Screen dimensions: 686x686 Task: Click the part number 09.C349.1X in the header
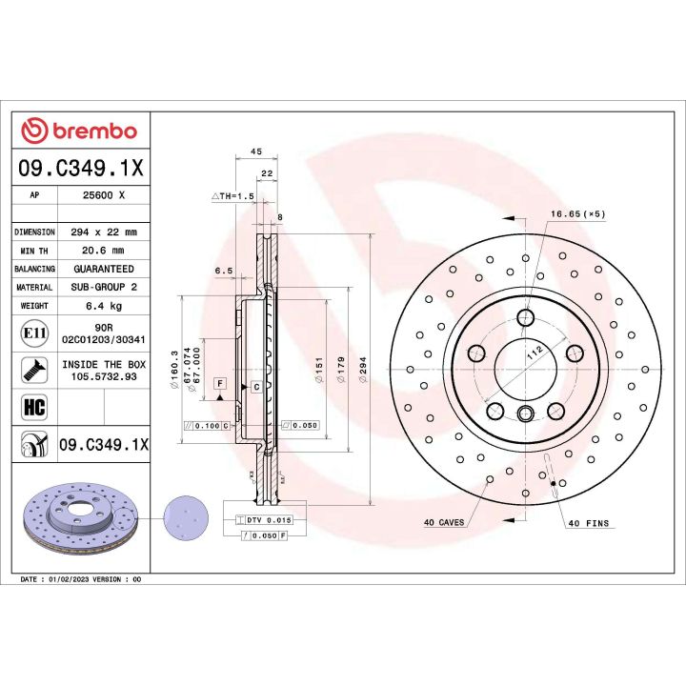[x=80, y=169]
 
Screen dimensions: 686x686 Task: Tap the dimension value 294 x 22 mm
[x=104, y=232]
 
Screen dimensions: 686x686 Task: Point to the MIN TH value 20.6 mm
[x=104, y=251]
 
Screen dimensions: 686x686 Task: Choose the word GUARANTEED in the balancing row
[x=104, y=269]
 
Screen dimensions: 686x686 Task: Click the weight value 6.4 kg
[x=104, y=306]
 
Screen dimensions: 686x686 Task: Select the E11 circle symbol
[x=34, y=333]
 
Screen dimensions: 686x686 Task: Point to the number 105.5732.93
[x=104, y=376]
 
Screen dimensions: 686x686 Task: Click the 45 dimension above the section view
[x=255, y=151]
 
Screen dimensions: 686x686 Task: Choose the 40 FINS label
[x=588, y=523]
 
